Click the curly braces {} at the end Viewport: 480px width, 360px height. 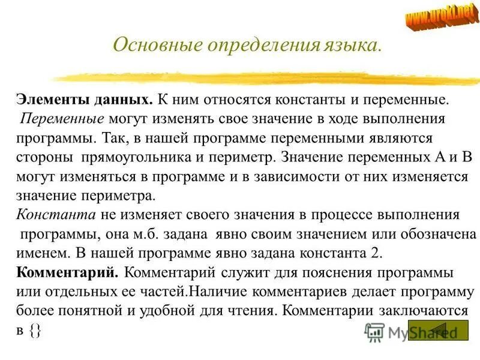(33, 331)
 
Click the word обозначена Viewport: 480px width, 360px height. (434, 233)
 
